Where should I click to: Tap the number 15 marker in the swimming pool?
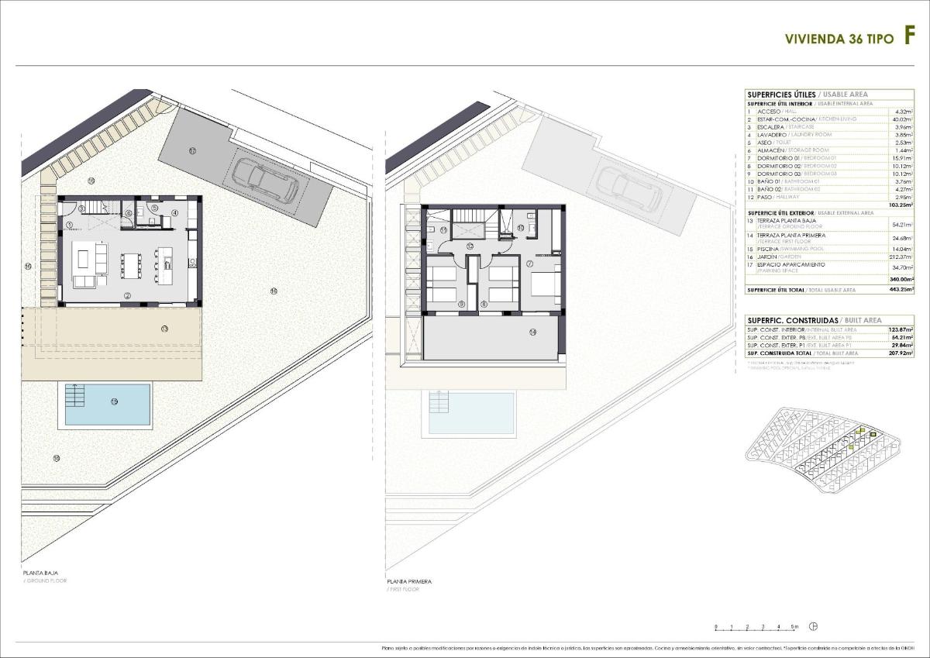114,401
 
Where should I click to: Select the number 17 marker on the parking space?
191,150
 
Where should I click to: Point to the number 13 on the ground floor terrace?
164,328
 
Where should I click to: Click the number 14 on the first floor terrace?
532,332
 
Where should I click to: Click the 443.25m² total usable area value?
901,290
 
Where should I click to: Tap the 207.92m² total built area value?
901,353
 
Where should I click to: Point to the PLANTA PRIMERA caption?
409,580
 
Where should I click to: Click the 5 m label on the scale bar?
794,625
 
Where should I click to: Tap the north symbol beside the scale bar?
813,626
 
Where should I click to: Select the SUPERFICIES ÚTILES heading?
781,95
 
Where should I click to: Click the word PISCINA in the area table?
771,249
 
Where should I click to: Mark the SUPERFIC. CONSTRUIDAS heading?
791,319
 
